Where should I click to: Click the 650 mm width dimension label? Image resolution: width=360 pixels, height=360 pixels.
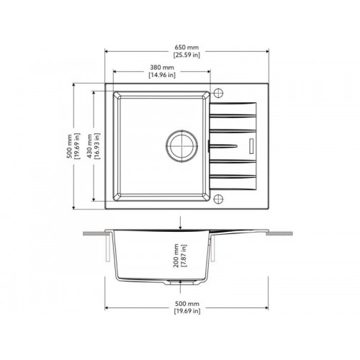186,48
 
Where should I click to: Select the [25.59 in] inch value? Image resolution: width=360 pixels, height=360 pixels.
186,55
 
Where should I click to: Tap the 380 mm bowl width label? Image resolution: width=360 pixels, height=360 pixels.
162,68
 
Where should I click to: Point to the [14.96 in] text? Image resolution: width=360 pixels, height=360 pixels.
162,75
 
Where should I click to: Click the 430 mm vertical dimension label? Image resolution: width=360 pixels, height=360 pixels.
89,146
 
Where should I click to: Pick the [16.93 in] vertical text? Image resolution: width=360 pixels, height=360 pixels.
96,146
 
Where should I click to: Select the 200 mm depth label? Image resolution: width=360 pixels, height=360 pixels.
176,256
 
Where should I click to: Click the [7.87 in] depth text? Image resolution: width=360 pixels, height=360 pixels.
184,256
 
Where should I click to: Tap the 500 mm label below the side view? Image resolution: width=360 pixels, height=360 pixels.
187,304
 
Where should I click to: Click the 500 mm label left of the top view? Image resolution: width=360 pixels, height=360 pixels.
69,146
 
